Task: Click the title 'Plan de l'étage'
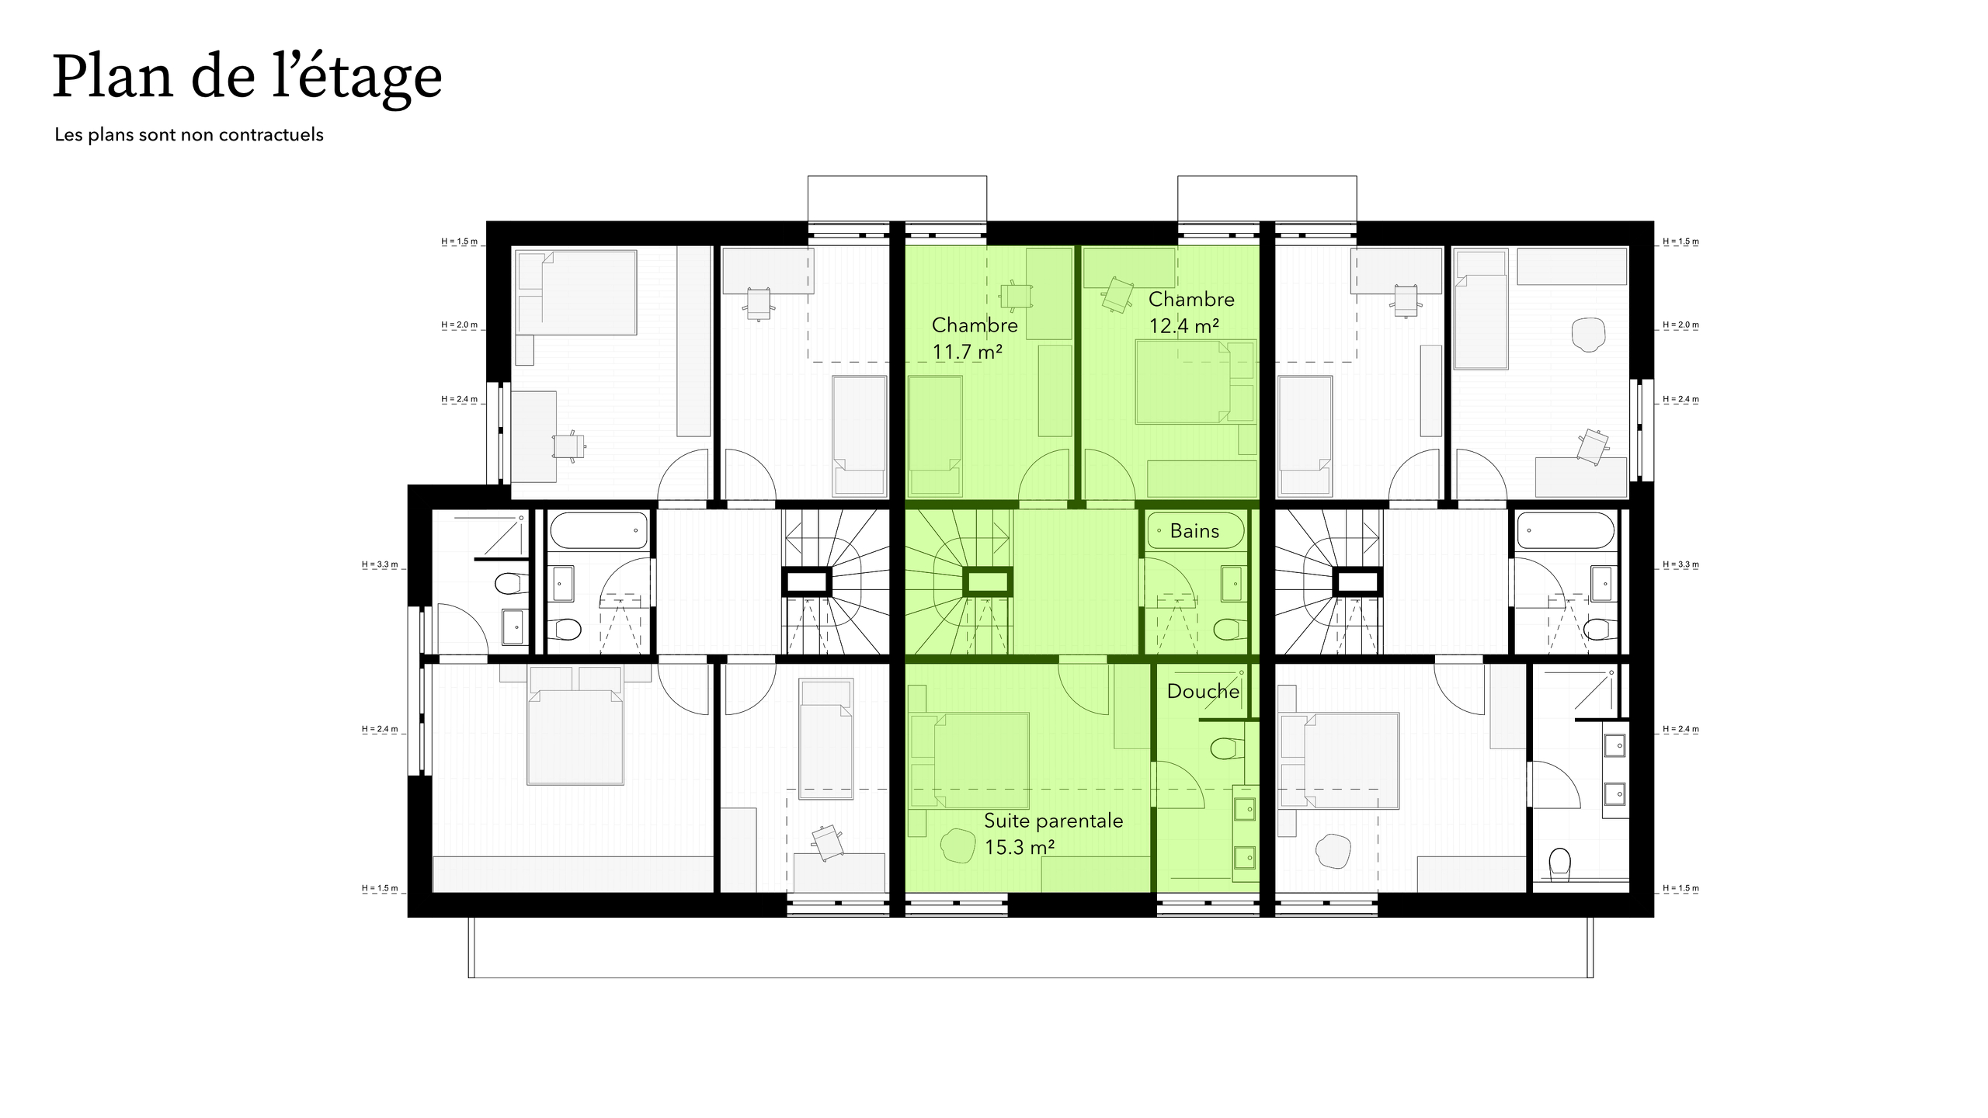point(247,78)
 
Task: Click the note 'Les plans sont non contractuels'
point(189,135)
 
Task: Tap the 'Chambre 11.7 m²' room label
point(974,339)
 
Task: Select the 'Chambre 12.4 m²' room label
point(1190,312)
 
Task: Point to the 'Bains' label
point(1194,531)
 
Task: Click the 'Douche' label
point(1203,691)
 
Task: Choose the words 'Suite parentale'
point(1053,821)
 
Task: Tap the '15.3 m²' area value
point(1019,847)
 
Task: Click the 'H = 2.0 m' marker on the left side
point(460,325)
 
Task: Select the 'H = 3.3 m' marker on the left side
point(380,564)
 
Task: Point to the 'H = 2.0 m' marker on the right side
point(1680,325)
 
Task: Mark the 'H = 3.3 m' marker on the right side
point(1680,564)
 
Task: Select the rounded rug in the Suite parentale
point(958,845)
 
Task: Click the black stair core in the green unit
point(987,582)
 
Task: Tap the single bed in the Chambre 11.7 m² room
point(935,436)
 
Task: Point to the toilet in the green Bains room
point(1228,628)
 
